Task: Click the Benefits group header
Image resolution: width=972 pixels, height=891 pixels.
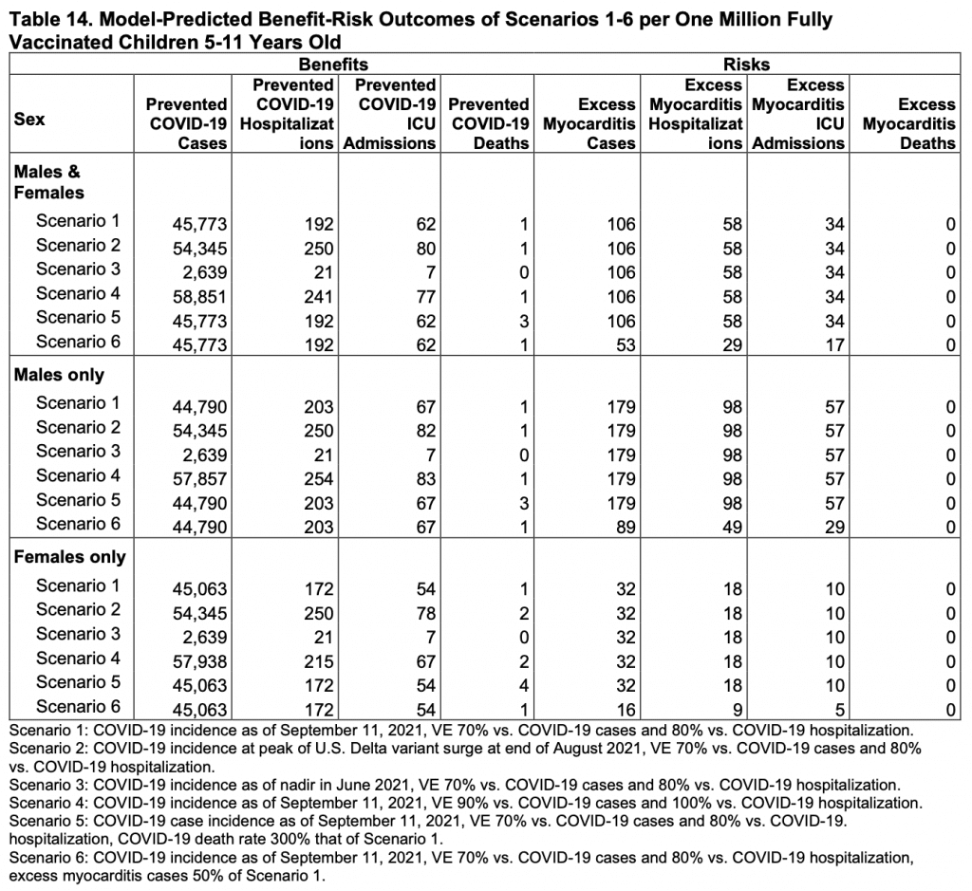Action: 332,65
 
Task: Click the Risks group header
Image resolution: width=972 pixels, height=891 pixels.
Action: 746,65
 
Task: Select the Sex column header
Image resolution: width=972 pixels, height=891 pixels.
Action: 29,120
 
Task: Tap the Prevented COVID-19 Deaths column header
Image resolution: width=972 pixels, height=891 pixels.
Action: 490,123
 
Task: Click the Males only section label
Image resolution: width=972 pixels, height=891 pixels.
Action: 59,375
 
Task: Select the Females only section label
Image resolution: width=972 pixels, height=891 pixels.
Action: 69,557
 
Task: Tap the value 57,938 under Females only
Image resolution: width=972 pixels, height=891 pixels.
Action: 200,661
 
